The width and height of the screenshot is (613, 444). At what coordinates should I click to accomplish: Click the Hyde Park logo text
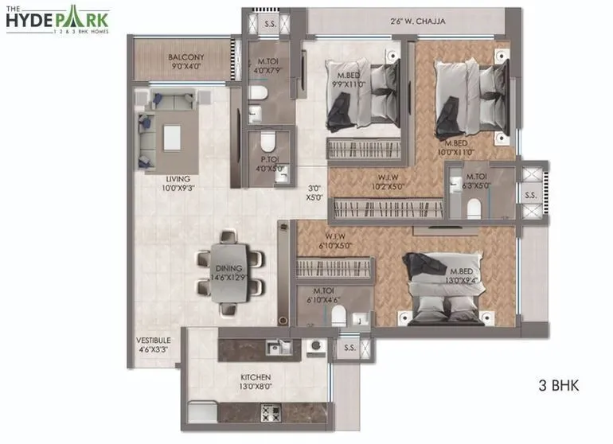point(57,19)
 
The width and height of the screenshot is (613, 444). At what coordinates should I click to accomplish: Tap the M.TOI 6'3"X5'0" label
point(477,181)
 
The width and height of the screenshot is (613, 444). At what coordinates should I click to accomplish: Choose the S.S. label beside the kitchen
point(349,348)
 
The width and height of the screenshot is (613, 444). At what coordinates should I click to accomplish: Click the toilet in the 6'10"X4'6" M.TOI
point(338,317)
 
